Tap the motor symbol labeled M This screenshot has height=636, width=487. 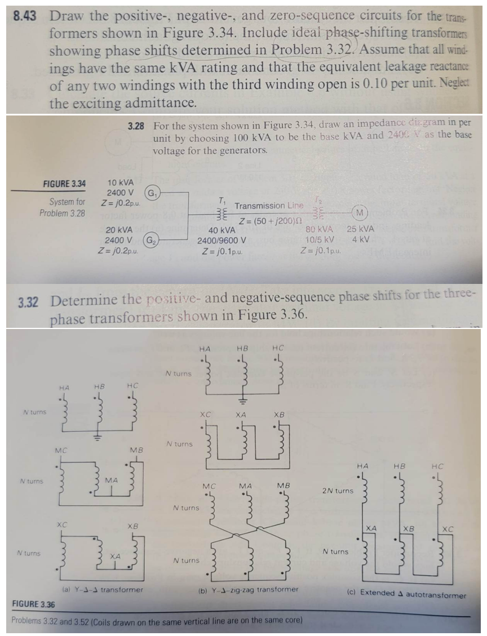(360, 212)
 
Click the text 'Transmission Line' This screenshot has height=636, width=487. (268, 206)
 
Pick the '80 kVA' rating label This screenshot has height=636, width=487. (319, 229)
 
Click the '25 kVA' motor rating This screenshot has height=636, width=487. (360, 229)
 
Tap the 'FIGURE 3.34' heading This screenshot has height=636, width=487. (65, 184)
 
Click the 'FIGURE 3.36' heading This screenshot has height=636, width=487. (34, 603)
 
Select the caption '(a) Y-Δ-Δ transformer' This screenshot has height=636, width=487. (101, 590)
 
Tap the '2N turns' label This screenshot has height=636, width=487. (337, 491)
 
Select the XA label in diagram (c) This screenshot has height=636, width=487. (371, 528)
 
